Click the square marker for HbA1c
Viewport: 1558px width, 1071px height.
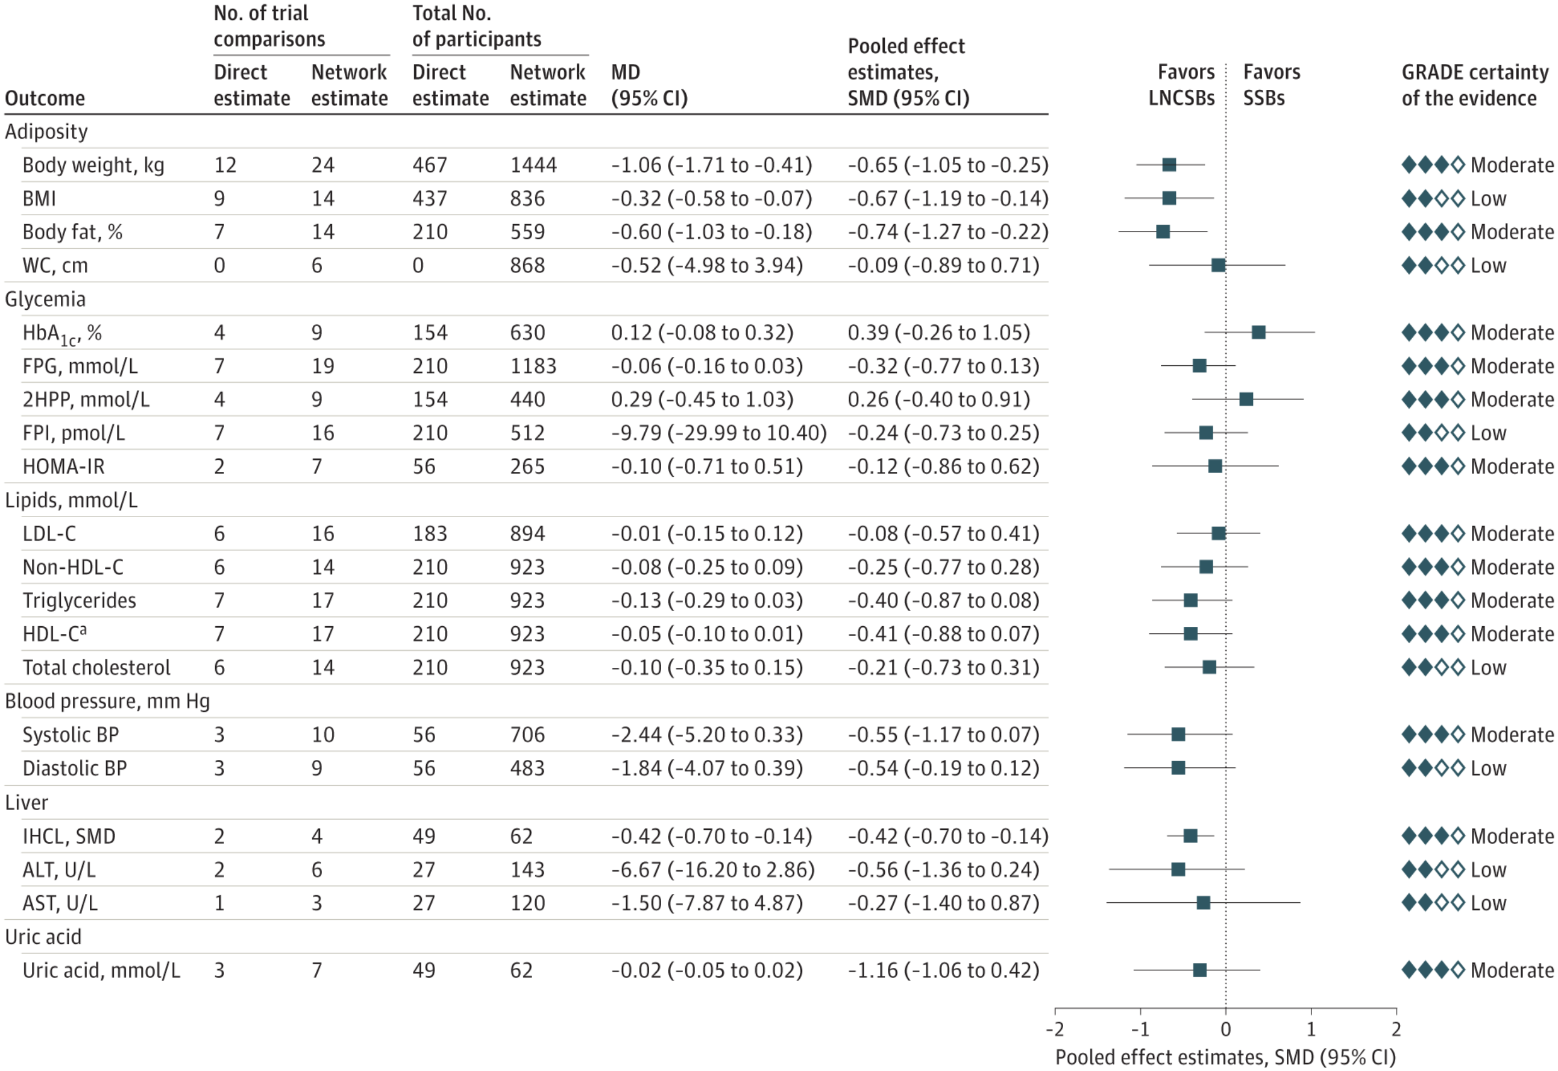[x=1258, y=332]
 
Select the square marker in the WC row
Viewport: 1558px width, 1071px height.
[x=1218, y=265]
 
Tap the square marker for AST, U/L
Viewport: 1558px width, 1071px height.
[x=1203, y=903]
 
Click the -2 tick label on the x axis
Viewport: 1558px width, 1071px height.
[x=1054, y=1029]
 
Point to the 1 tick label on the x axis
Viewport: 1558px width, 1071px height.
[x=1310, y=1029]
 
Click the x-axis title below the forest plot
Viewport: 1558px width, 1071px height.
[x=1225, y=1057]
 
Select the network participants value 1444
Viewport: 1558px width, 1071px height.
[x=533, y=165]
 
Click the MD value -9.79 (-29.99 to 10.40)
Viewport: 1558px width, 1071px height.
[x=718, y=433]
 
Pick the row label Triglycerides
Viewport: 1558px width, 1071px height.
[x=79, y=601]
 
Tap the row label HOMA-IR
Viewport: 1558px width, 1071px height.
[x=64, y=466]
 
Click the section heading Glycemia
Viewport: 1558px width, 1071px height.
[x=45, y=300]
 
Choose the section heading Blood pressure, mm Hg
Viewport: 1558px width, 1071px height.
[x=107, y=702]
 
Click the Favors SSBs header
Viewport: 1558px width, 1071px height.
[x=1271, y=85]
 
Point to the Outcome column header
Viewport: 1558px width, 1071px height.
[x=45, y=99]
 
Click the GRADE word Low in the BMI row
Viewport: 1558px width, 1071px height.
[x=1488, y=199]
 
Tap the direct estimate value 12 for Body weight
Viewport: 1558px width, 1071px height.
[x=225, y=165]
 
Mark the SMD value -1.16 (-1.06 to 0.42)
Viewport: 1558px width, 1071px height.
[x=943, y=970]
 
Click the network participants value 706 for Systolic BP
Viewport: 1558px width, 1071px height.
[x=527, y=735]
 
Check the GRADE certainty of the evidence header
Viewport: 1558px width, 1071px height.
[x=1475, y=85]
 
